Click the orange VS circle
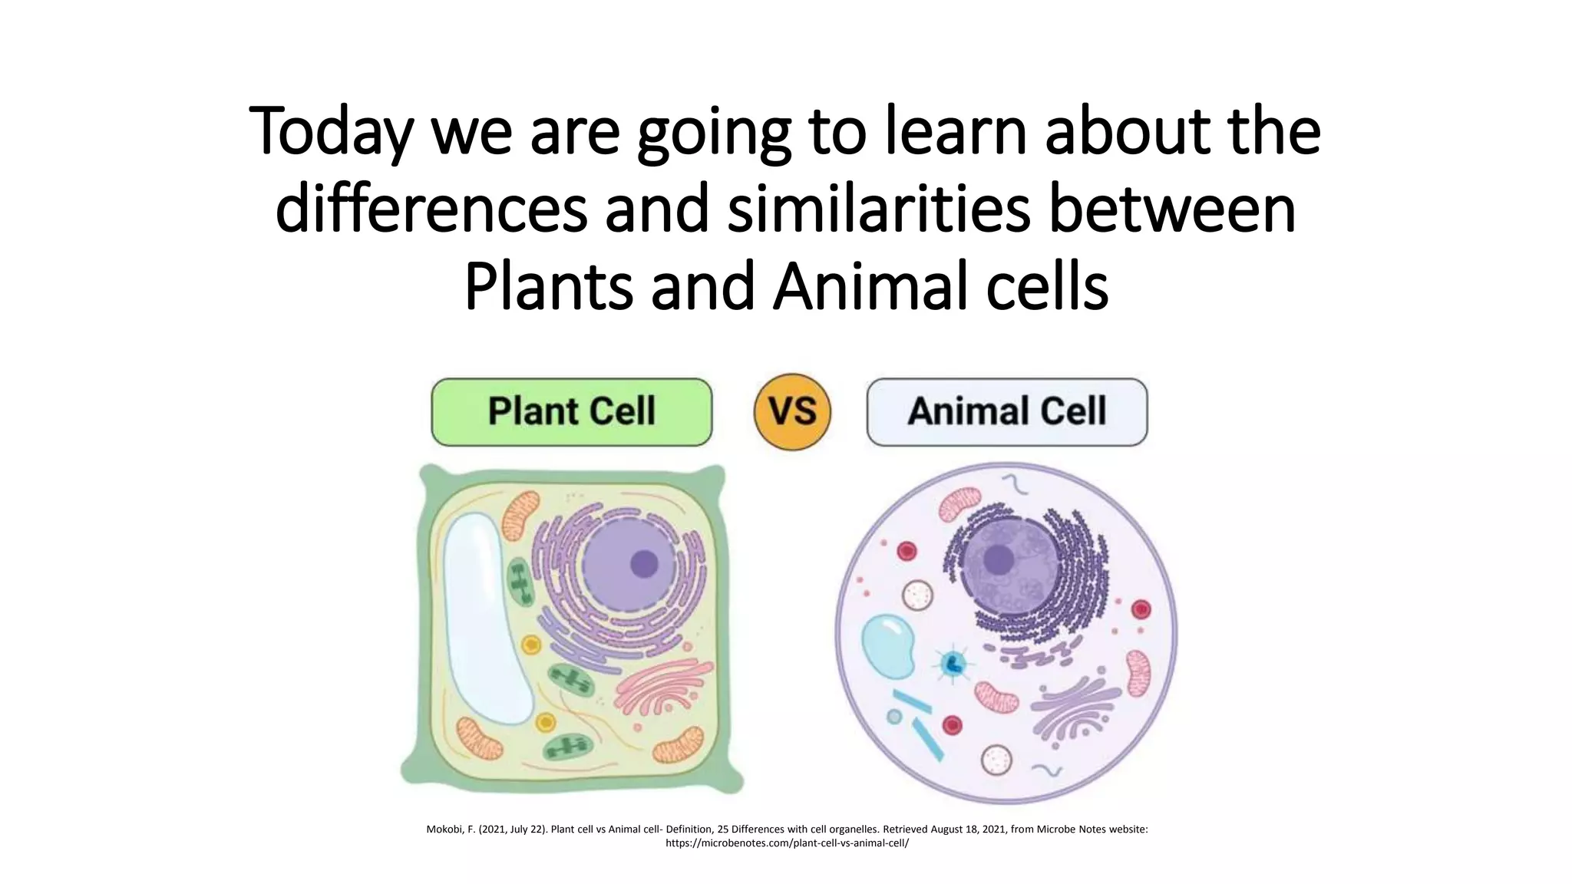click(792, 412)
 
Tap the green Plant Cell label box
click(571, 412)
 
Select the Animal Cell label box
click(1006, 412)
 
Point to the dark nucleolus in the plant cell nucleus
click(644, 564)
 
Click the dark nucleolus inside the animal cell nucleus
click(999, 559)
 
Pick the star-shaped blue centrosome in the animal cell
click(953, 664)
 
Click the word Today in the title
click(331, 132)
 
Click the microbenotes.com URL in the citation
click(786, 843)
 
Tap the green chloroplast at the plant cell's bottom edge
click(568, 746)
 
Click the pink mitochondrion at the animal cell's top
click(960, 504)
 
